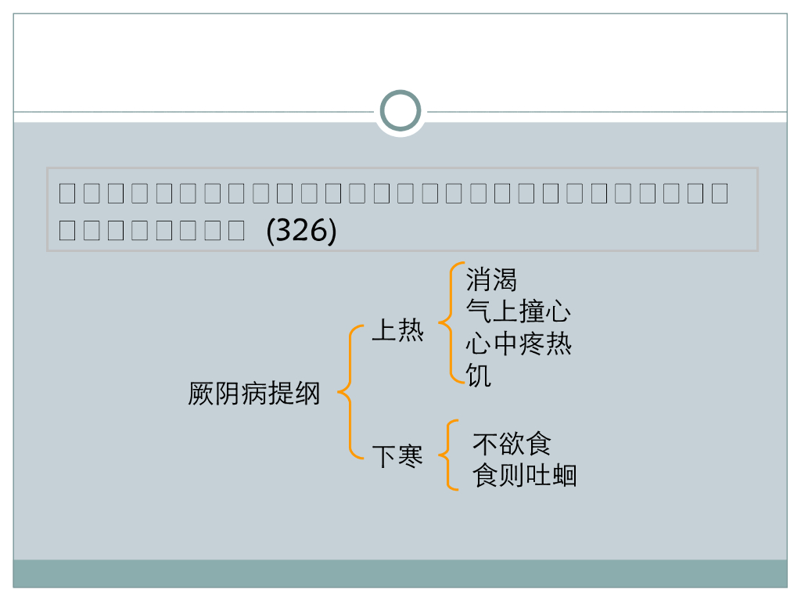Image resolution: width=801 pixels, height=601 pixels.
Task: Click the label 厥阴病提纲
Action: pyautogui.click(x=254, y=393)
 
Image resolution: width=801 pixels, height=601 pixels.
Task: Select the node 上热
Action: pyautogui.click(x=397, y=331)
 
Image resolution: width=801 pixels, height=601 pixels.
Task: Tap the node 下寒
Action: pyautogui.click(x=397, y=456)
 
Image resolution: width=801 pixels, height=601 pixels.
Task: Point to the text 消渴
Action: pyautogui.click(x=491, y=279)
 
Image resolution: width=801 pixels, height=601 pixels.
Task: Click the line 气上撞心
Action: pyautogui.click(x=518, y=312)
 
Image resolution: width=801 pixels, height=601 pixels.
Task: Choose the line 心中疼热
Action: pyautogui.click(x=518, y=344)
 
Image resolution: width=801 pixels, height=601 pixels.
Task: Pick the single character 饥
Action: pyautogui.click(x=479, y=376)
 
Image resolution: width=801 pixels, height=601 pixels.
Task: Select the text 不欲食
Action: pyautogui.click(x=512, y=444)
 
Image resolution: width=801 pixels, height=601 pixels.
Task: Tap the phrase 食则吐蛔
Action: pyautogui.click(x=525, y=476)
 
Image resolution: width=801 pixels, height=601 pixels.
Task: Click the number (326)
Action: pyautogui.click(x=301, y=231)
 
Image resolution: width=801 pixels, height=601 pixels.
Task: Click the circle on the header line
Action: pyautogui.click(x=400, y=111)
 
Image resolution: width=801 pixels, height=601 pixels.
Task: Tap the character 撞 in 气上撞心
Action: pyautogui.click(x=531, y=312)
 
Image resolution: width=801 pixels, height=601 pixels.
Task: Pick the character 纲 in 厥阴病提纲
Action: pyautogui.click(x=307, y=393)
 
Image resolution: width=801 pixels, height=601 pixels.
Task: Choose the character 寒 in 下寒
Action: pyautogui.click(x=411, y=456)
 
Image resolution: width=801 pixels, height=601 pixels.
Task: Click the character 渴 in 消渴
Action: pyautogui.click(x=505, y=279)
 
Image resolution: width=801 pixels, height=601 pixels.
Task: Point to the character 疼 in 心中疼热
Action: pyautogui.click(x=531, y=344)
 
